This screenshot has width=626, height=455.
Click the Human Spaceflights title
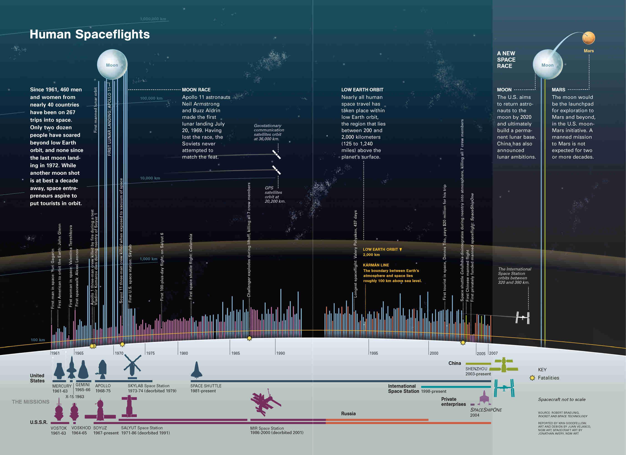pos(89,34)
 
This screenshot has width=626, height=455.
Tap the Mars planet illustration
pos(588,38)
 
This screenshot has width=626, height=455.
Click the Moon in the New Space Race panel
pos(547,64)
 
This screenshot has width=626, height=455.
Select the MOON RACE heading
pos(196,90)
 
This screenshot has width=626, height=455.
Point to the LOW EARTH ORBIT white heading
pos(362,90)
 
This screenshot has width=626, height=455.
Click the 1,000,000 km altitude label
pos(153,19)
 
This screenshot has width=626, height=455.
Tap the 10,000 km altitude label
pos(150,178)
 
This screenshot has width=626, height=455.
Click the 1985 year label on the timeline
pos(235,353)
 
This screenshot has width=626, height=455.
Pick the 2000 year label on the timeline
pos(434,353)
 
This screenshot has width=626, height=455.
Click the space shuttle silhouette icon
pos(196,370)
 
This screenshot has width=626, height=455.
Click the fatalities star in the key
pos(532,378)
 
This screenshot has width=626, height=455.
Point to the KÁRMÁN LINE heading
pos(376,265)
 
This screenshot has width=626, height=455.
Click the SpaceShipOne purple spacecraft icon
pos(484,398)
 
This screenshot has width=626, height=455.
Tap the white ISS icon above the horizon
pos(523,318)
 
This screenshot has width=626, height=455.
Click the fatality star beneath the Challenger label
pos(249,338)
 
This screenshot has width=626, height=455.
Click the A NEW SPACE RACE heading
pos(506,60)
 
